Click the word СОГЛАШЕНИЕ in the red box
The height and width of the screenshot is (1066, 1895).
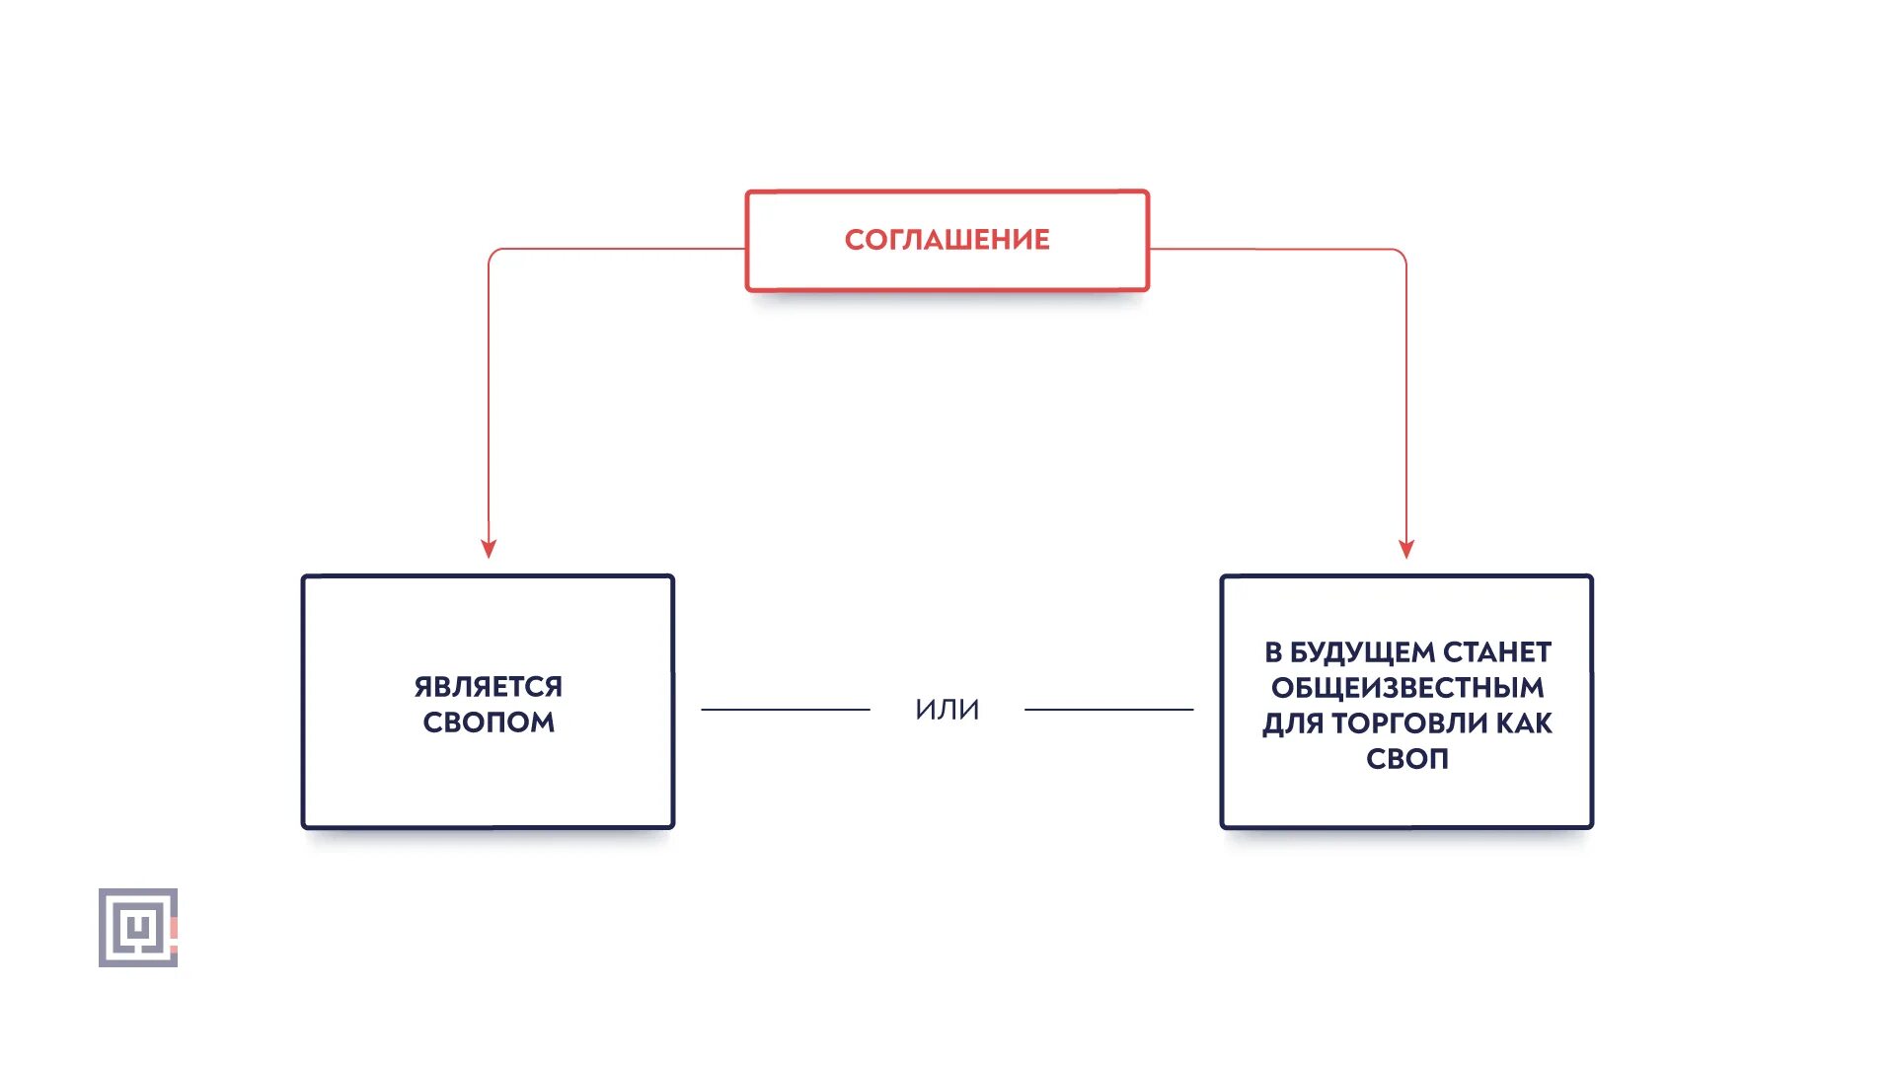pos(947,240)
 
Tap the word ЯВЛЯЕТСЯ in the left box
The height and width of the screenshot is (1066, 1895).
pos(488,687)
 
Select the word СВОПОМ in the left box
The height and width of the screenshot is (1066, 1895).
pos(488,723)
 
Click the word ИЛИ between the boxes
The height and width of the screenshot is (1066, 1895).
pos(947,710)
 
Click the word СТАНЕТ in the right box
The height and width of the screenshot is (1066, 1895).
pos(1497,652)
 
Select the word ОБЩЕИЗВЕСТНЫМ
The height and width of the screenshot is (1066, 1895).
pos(1406,688)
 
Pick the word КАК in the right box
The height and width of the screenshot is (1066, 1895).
pos(1524,723)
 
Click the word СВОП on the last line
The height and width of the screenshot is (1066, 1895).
pos(1406,759)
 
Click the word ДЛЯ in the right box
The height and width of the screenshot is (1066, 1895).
pos(1293,723)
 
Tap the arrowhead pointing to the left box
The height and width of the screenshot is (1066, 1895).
pos(488,549)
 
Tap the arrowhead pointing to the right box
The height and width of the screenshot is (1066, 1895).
pos(1406,549)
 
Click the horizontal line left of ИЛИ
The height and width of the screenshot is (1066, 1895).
pos(785,710)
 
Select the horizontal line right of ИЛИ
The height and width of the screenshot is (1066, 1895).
pos(1108,710)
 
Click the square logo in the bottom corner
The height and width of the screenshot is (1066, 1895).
pos(137,928)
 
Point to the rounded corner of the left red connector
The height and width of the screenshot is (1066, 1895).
pos(493,254)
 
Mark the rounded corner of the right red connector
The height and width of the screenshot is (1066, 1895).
pos(1401,254)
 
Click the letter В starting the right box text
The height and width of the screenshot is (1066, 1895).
pos(1273,652)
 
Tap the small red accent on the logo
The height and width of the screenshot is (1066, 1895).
pos(174,929)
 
